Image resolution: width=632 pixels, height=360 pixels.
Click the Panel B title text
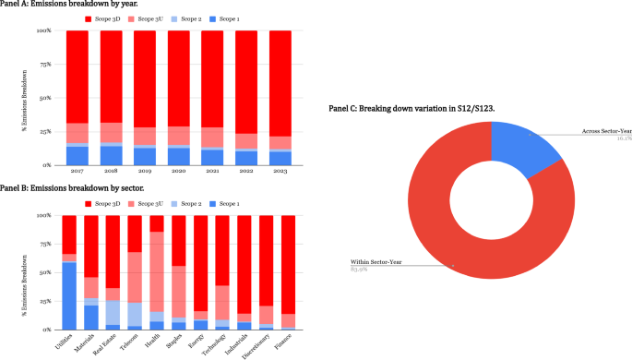54,189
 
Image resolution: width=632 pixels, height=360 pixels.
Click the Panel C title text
411,109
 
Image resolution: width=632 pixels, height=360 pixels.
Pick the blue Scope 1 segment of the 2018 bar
112,156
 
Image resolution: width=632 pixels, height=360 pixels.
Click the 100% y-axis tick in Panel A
43,30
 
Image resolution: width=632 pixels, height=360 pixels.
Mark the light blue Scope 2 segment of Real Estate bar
113,313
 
